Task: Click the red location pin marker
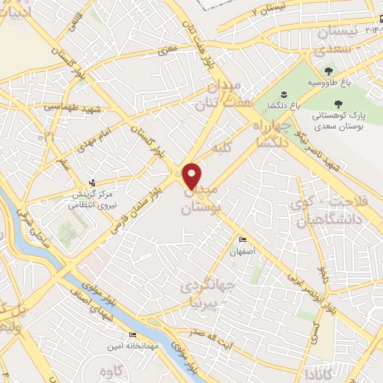point(192,175)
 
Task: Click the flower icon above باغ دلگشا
point(284,94)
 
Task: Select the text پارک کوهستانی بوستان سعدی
point(338,120)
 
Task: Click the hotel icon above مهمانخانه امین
point(132,334)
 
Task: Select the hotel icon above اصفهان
point(242,239)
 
